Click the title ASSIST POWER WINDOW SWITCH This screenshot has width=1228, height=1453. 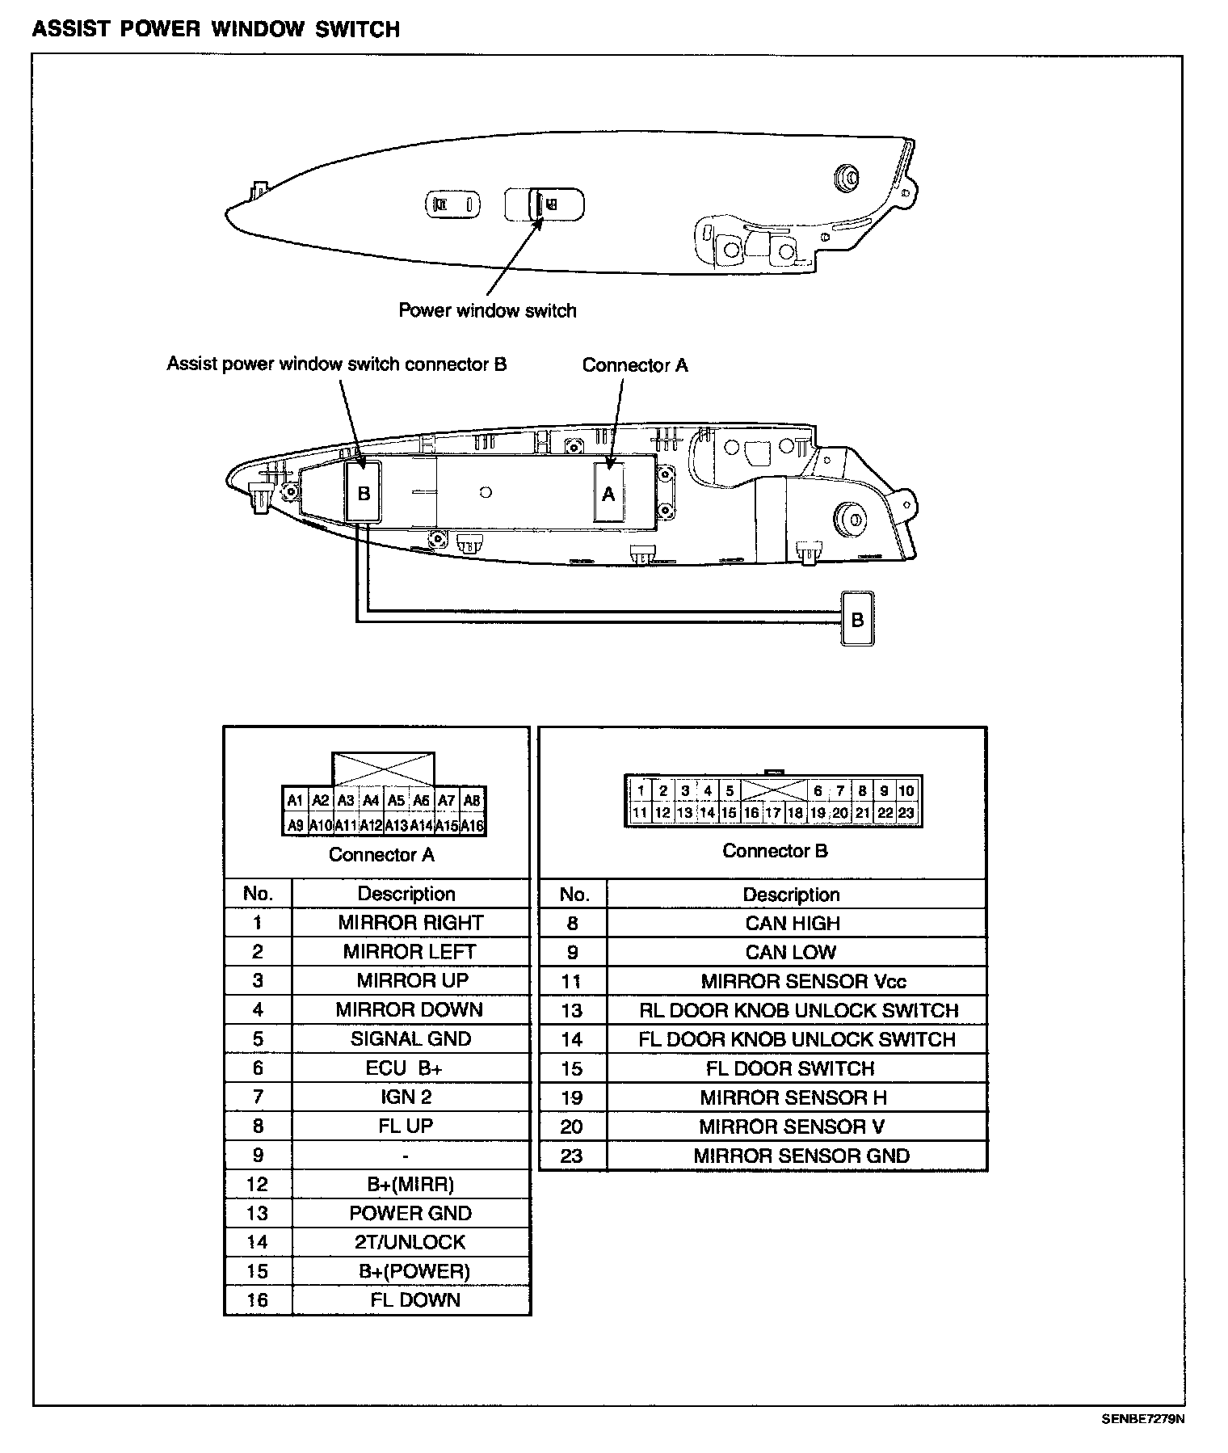coord(216,30)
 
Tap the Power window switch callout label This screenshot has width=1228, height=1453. coord(487,311)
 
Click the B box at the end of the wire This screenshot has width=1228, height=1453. coord(857,619)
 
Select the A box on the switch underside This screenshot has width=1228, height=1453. coord(608,493)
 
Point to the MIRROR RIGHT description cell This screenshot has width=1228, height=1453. coord(410,923)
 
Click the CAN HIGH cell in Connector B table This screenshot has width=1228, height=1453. coord(793,924)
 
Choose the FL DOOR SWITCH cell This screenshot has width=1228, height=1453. coord(790,1068)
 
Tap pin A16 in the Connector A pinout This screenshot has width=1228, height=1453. coord(472,826)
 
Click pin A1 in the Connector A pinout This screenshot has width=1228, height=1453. coord(295,801)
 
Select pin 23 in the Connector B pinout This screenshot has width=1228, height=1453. coord(906,813)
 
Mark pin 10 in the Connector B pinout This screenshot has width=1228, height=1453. coord(906,791)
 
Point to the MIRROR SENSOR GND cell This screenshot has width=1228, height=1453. coord(801,1156)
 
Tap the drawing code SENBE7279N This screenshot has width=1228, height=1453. coord(1142,1418)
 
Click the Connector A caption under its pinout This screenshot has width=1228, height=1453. coord(381,855)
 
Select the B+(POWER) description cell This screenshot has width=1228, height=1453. coord(414,1271)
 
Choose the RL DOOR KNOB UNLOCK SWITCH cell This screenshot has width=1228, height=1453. coord(798,1011)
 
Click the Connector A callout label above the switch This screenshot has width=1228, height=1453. coord(635,366)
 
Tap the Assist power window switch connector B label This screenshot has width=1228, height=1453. coord(337,364)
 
